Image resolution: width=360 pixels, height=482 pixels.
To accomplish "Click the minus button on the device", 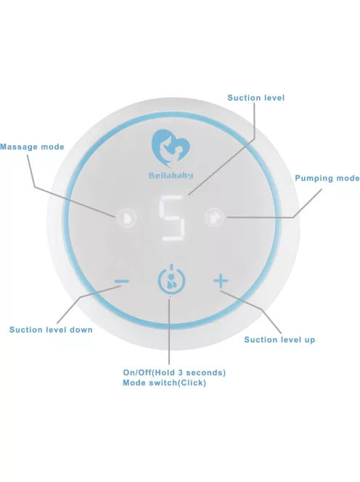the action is click(x=121, y=281).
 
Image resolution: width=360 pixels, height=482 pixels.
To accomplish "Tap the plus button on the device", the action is click(x=221, y=281).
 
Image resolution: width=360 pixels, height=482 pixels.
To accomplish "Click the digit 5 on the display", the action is click(x=172, y=218).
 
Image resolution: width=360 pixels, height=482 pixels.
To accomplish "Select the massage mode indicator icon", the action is click(x=126, y=218).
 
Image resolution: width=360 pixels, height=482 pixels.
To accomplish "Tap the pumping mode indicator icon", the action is click(x=214, y=217).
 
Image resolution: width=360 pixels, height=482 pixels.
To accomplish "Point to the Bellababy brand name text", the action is click(x=171, y=176).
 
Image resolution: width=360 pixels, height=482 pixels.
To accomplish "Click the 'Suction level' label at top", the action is click(x=256, y=98).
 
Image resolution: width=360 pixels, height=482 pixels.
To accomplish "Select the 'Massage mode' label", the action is click(x=32, y=147).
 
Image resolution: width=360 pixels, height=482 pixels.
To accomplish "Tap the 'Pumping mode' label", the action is click(x=327, y=179).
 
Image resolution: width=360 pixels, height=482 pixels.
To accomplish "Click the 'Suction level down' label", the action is click(x=51, y=330).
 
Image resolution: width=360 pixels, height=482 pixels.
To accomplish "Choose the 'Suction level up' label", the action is click(x=279, y=340).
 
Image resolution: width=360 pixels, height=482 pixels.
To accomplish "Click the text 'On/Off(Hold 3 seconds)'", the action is click(x=174, y=372).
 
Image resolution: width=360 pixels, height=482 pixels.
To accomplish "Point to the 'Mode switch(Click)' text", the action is click(x=164, y=383).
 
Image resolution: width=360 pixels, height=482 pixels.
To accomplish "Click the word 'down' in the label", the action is click(x=81, y=330).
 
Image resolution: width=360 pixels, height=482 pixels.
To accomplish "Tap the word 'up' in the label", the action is click(x=309, y=340).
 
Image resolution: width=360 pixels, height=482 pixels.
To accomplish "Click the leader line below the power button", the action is click(x=169, y=331).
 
